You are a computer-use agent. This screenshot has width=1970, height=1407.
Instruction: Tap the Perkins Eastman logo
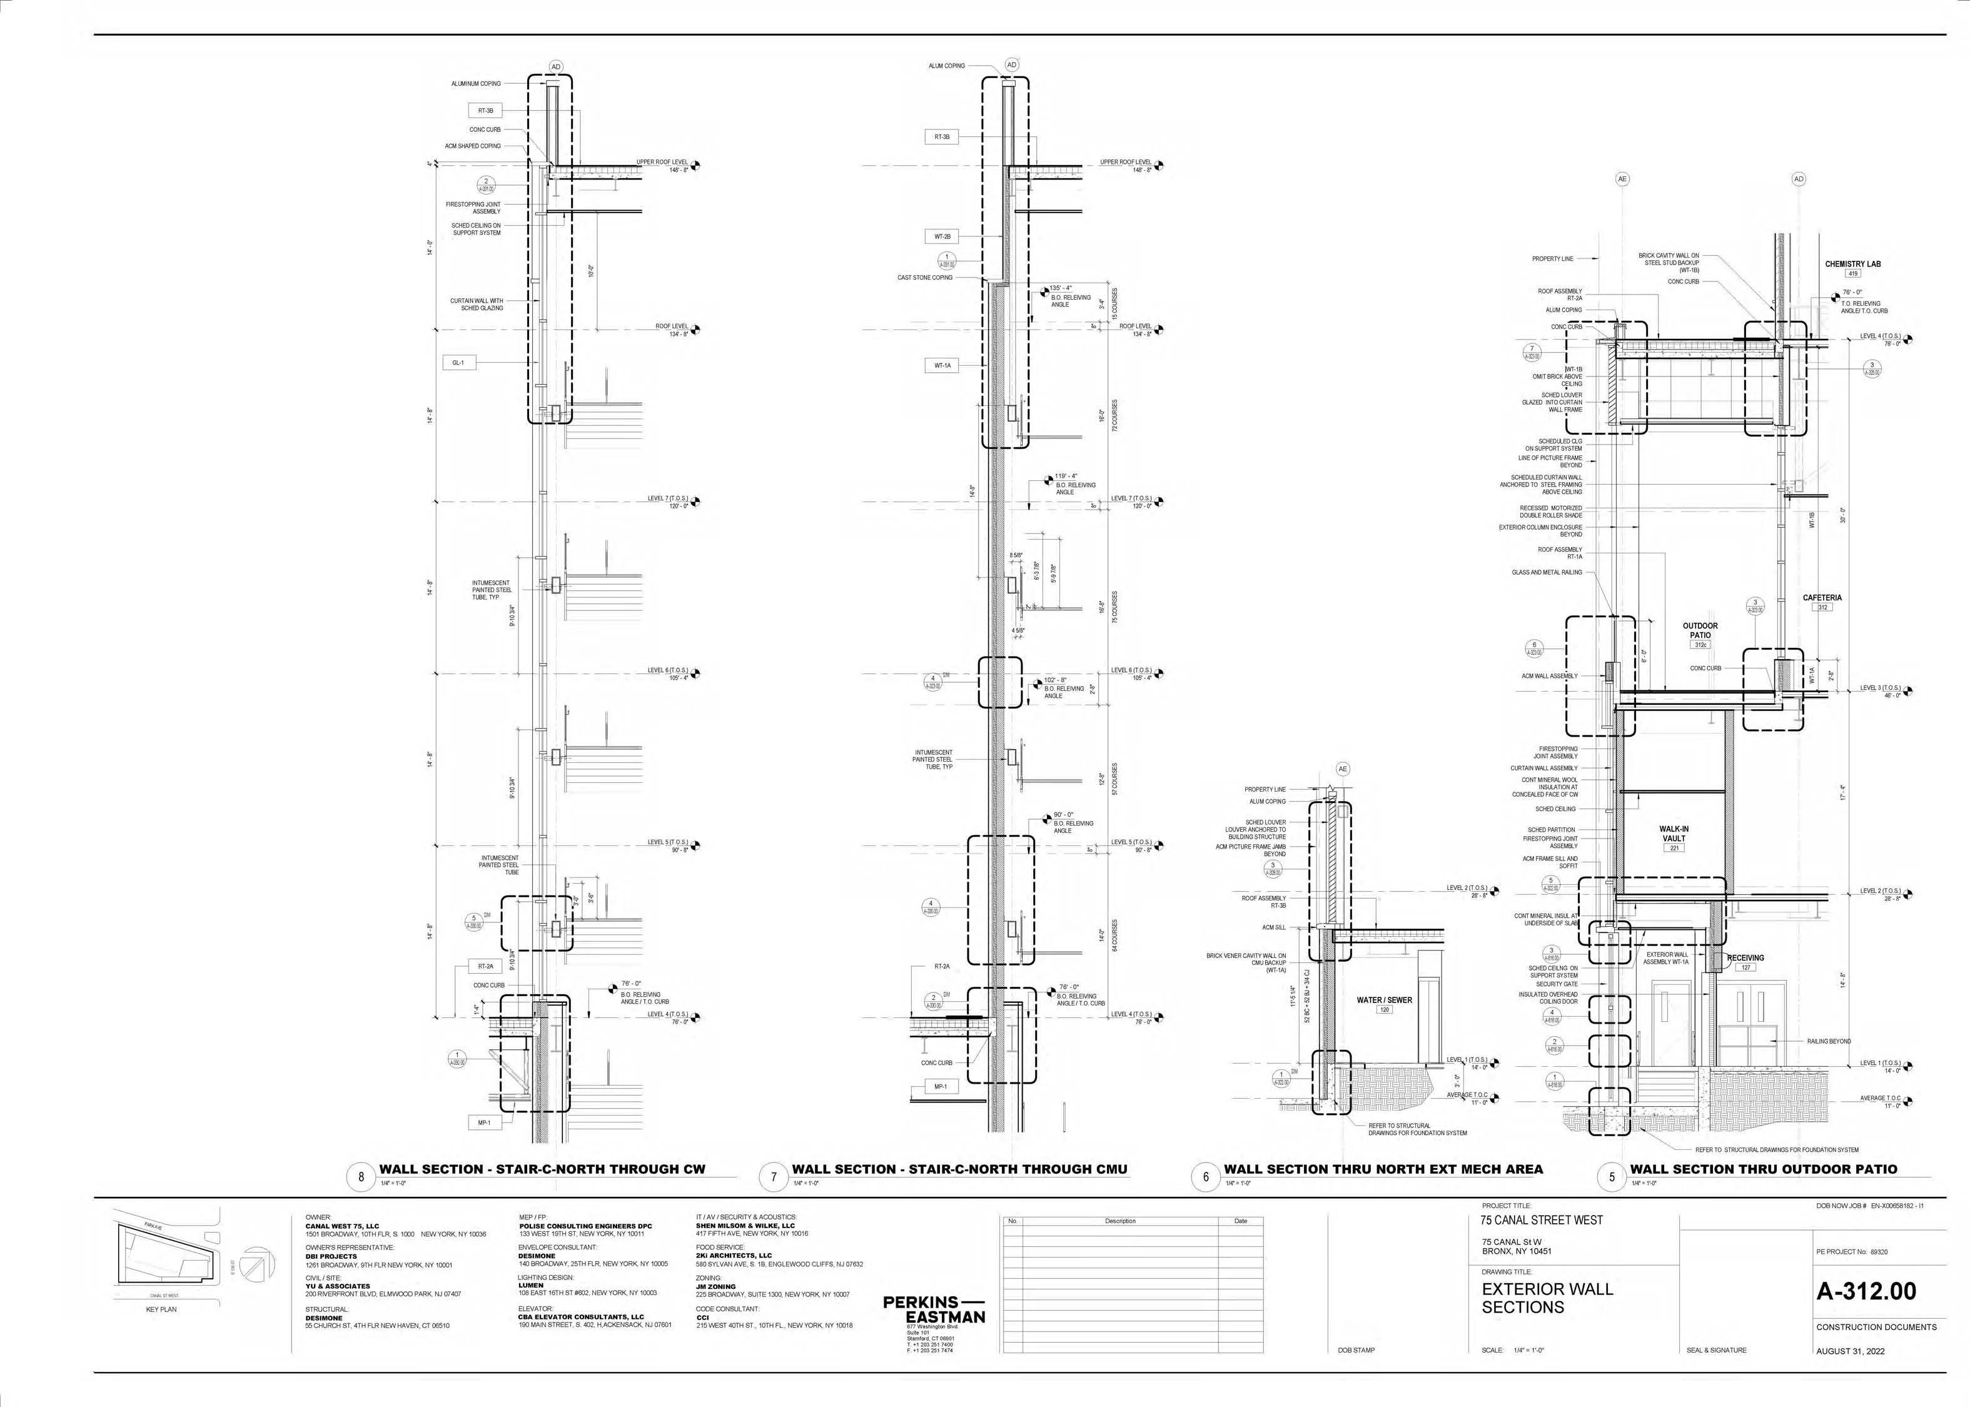pos(934,1309)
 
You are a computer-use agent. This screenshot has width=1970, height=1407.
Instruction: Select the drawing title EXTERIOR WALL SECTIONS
pos(1547,1297)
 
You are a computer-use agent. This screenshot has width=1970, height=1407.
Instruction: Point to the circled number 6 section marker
pos(1206,1176)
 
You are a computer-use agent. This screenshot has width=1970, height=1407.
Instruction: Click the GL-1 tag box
pos(458,363)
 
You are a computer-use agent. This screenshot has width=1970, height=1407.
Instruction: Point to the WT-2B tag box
pos(942,236)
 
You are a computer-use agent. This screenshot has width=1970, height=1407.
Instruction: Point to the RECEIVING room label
pos(1745,958)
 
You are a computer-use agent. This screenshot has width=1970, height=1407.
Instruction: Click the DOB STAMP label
pos(1356,1351)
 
